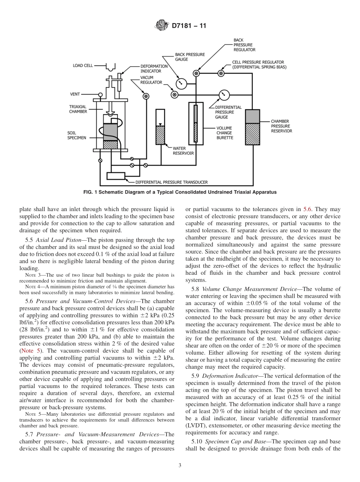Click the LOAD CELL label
click(83, 66)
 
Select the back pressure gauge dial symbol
click(181, 82)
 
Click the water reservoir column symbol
click(161, 127)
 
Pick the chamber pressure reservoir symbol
click(252, 127)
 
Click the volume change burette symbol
click(196, 124)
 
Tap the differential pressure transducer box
click(116, 176)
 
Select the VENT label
click(75, 94)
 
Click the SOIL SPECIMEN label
click(77, 136)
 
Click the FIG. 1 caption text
click(180, 192)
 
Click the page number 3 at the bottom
click(180, 465)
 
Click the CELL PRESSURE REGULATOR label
click(258, 62)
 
